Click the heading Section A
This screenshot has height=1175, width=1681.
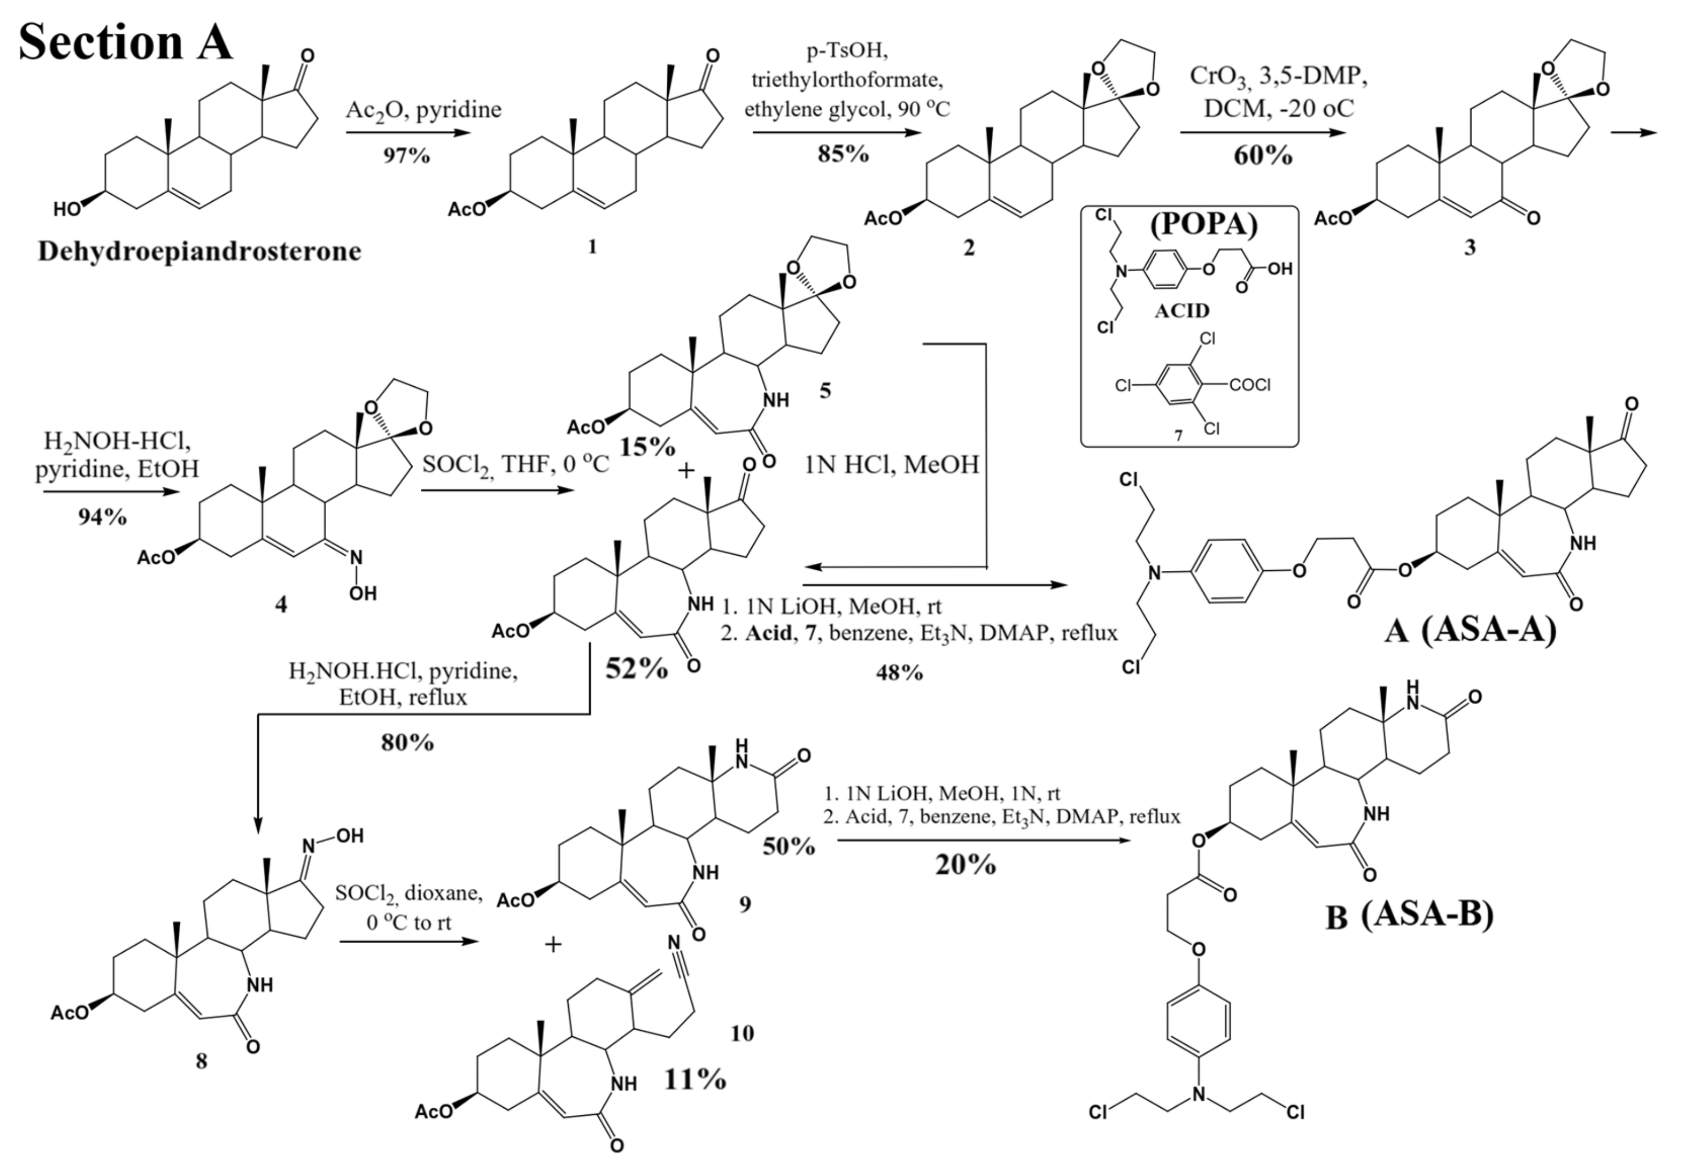click(124, 42)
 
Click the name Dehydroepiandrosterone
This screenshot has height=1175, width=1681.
click(199, 252)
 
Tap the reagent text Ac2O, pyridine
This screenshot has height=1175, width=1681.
click(424, 110)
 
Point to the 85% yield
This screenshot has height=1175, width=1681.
click(843, 154)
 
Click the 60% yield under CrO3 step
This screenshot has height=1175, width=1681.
click(1263, 156)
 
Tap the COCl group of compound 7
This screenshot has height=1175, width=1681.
click(1250, 384)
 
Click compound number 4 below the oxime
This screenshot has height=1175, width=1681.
click(280, 605)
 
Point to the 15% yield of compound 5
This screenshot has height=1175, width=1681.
click(646, 447)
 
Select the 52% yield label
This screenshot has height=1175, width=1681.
click(636, 668)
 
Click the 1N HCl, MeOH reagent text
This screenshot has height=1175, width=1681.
click(892, 465)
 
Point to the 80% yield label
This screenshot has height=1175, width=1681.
click(407, 743)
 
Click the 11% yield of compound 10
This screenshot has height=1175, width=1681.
click(695, 1079)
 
